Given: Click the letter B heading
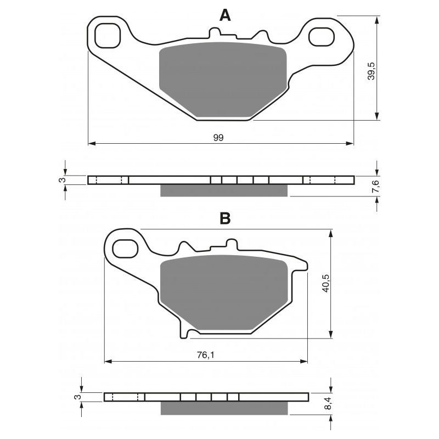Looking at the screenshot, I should click(225, 218).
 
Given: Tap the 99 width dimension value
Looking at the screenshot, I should click(218, 137).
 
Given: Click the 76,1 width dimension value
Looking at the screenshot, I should click(204, 355).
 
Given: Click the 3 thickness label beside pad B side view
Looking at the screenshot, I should click(77, 397).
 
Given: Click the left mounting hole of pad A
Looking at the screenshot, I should click(108, 37).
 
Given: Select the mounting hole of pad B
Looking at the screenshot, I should click(125, 248).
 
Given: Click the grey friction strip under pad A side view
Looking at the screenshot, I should click(223, 190).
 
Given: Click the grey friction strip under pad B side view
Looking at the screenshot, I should click(223, 408).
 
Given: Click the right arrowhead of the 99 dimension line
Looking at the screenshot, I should click(351, 144).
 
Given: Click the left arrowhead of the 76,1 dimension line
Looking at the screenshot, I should click(108, 362).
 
